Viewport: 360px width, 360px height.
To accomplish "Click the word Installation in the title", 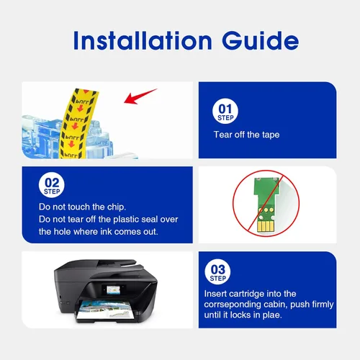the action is [143, 40].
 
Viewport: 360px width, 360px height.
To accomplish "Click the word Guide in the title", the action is [261, 40].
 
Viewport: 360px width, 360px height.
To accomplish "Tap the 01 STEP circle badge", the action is [225, 111].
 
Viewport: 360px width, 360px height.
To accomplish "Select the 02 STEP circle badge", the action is [52, 185].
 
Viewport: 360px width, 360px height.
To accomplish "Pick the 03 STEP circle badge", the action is [217, 271].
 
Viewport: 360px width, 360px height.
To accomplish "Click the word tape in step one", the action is [271, 135].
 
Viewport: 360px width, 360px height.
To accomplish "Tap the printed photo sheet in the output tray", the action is [106, 310].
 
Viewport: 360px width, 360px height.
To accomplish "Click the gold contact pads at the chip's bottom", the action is [265, 226].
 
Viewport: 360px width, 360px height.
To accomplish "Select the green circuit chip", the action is [266, 204].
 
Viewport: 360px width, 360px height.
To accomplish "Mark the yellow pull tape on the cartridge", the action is [77, 124].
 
